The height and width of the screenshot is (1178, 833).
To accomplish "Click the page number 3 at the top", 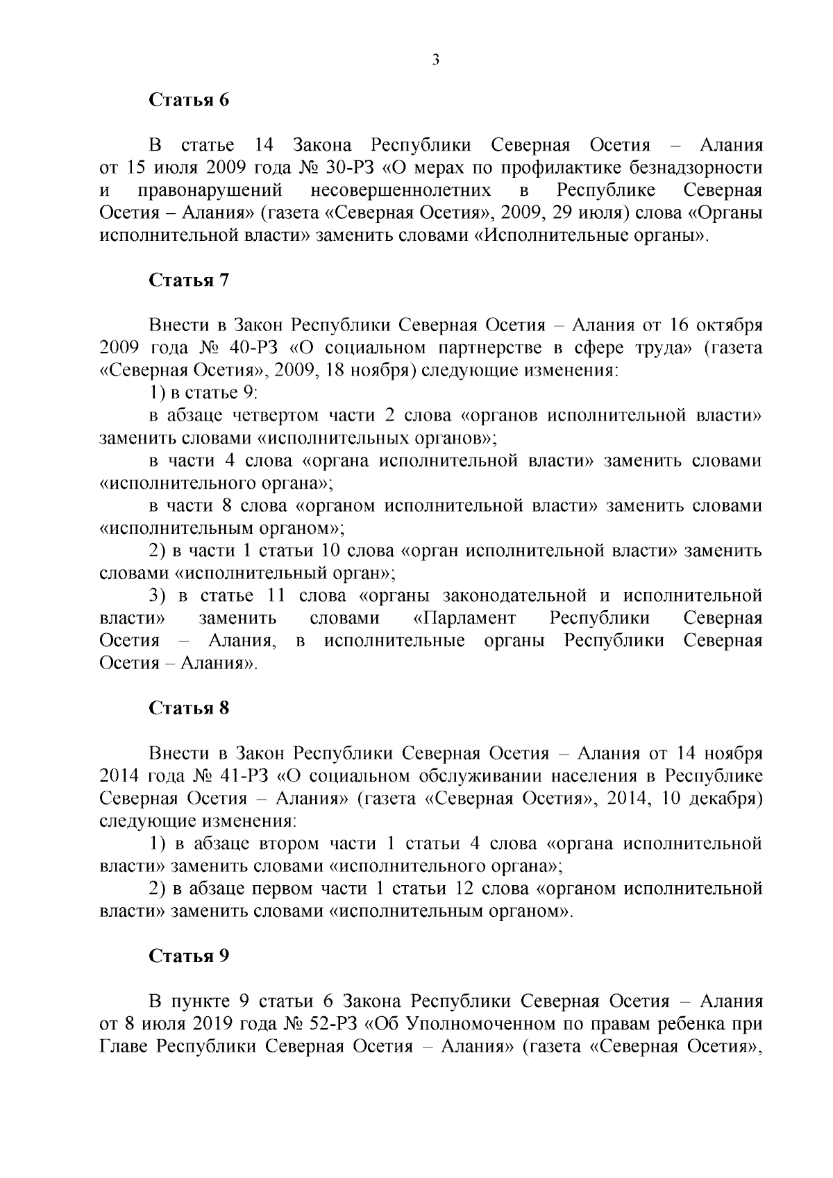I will (435, 60).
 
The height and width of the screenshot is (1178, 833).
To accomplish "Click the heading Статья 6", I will (189, 100).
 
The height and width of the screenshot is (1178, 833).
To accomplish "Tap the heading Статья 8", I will (189, 708).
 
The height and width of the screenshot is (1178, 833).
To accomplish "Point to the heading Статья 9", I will (189, 956).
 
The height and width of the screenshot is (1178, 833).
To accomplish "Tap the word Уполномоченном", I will (482, 1024).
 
